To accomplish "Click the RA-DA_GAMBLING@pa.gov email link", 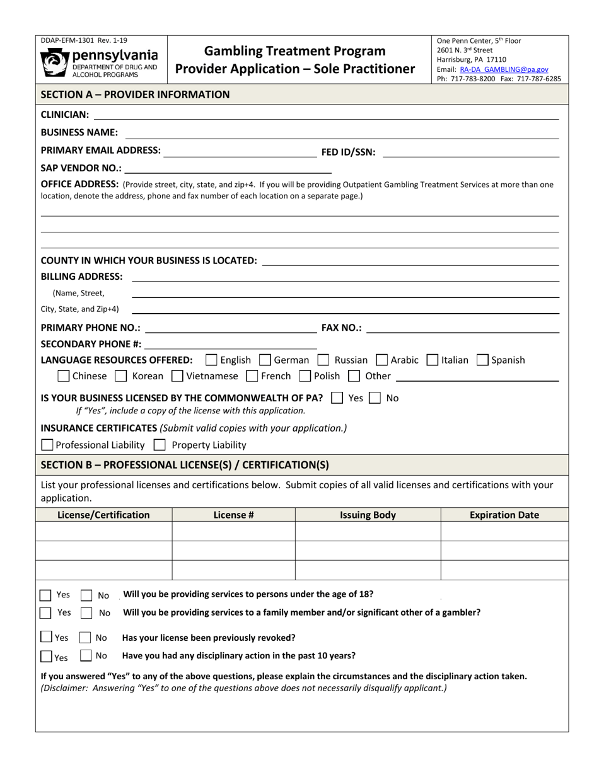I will [504, 69].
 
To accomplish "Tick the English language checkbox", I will [212, 360].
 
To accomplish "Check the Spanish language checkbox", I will [482, 360].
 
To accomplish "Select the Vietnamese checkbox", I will [177, 377].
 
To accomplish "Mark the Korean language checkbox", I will [122, 377].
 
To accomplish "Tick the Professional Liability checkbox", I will [47, 445].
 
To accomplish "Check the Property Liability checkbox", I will [160, 445].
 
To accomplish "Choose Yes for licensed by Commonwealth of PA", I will [337, 398].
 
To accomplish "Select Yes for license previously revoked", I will [47, 637].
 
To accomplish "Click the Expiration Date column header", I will [504, 515].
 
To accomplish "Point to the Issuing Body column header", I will [368, 515].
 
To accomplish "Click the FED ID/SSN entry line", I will [470, 153].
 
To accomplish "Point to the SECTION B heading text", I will [185, 465].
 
